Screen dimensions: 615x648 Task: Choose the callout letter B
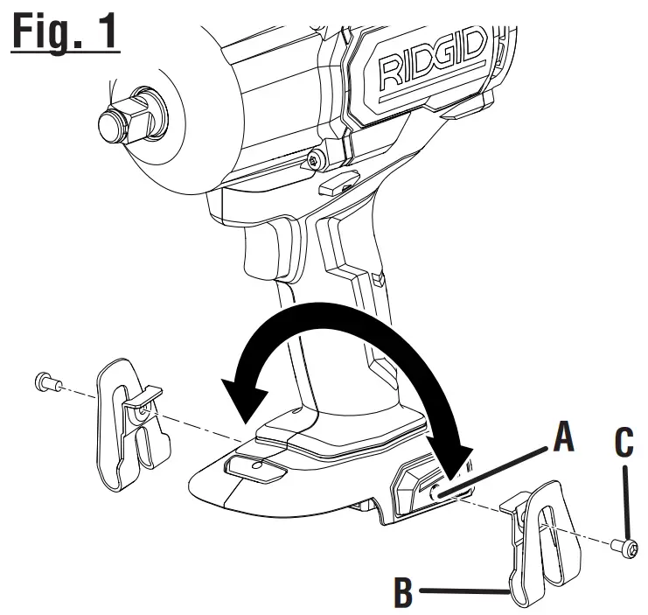[403, 591]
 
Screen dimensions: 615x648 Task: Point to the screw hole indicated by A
[434, 495]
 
